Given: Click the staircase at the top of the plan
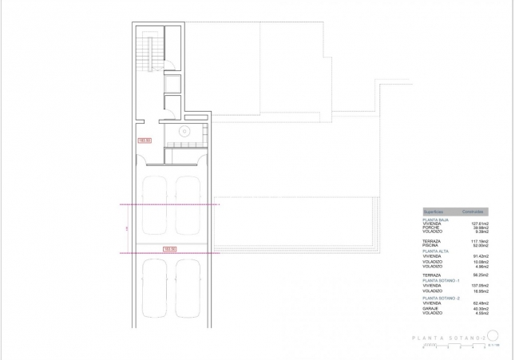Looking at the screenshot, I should [145, 56].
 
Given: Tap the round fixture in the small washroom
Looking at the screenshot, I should [184, 132].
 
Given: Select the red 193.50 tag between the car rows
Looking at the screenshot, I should [168, 249].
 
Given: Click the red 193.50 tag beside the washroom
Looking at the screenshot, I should [145, 140].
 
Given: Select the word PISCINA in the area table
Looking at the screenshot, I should [434, 245].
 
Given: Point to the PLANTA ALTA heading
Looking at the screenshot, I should [435, 251].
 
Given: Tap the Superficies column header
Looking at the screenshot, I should [434, 212].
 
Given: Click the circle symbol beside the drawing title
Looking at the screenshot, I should [493, 337].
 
